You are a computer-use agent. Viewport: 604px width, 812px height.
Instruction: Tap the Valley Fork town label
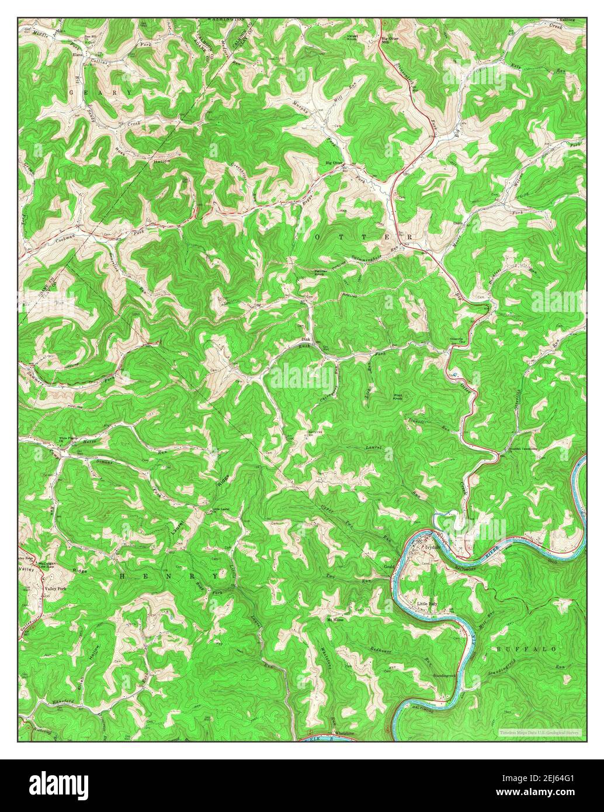[x=55, y=589]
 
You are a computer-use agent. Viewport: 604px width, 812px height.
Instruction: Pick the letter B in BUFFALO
[x=499, y=649]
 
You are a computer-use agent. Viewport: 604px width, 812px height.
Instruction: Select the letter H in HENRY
[x=123, y=575]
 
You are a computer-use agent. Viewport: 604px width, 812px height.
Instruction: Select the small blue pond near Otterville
[x=454, y=374]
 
